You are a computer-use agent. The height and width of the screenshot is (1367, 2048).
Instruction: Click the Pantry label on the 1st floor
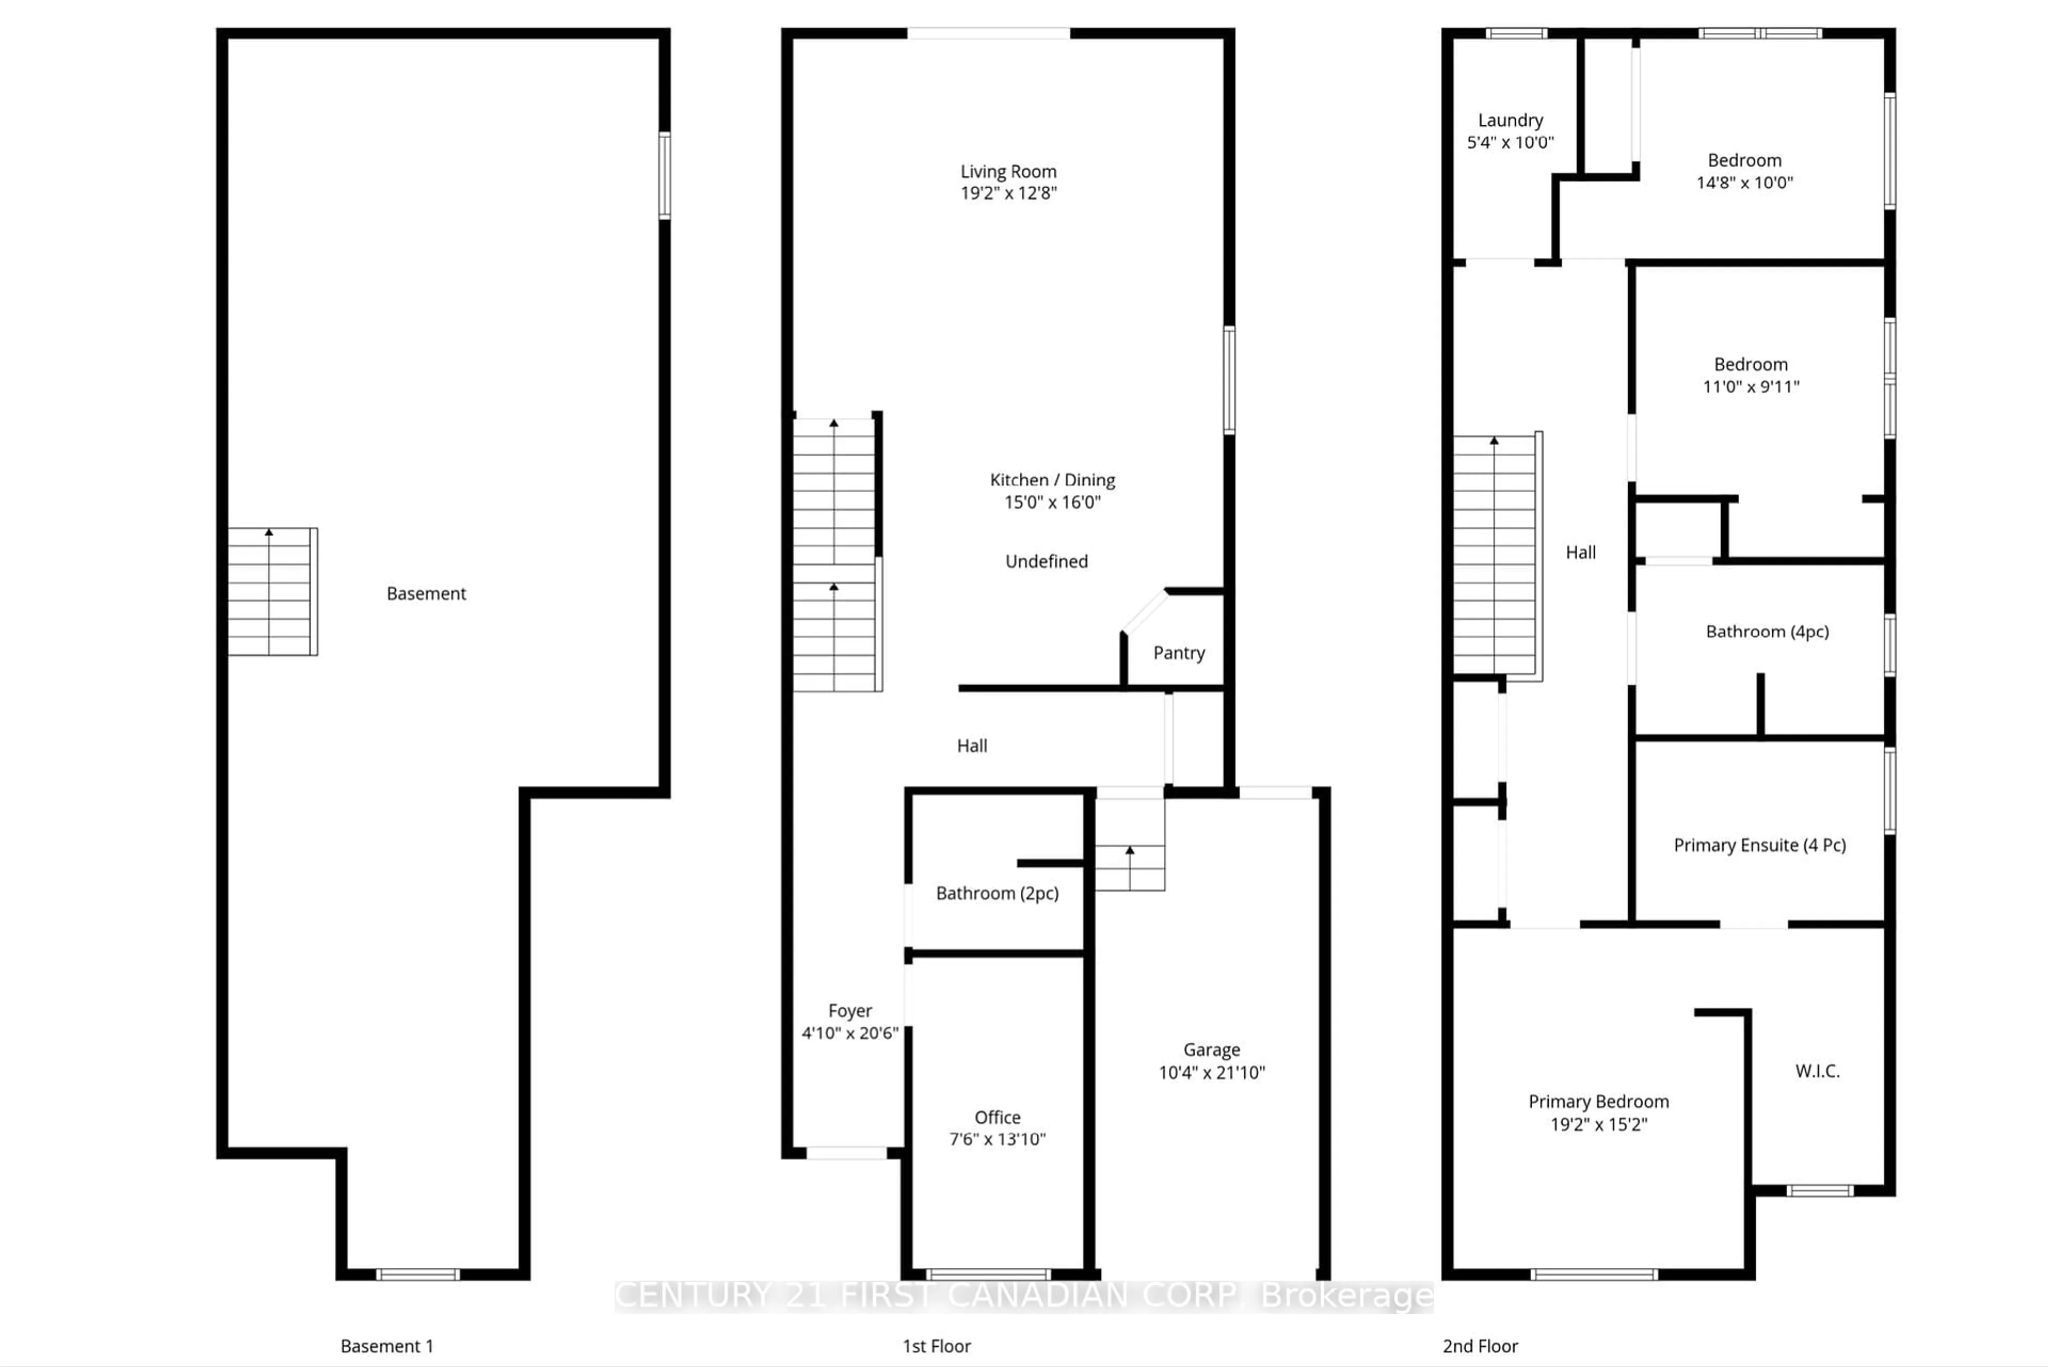[1179, 653]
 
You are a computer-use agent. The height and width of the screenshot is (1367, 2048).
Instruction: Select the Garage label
[1211, 1050]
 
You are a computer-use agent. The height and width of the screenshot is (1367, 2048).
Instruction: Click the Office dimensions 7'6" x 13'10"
[997, 1139]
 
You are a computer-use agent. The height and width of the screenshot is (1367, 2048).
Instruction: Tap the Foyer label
[849, 1010]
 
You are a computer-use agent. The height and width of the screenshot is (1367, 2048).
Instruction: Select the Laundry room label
[1510, 120]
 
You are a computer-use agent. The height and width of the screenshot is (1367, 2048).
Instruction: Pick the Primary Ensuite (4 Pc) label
[1759, 845]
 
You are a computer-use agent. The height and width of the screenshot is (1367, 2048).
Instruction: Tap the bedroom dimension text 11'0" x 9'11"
[1751, 386]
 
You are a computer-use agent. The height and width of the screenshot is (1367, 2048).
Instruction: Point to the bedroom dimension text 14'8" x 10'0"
[1743, 182]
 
